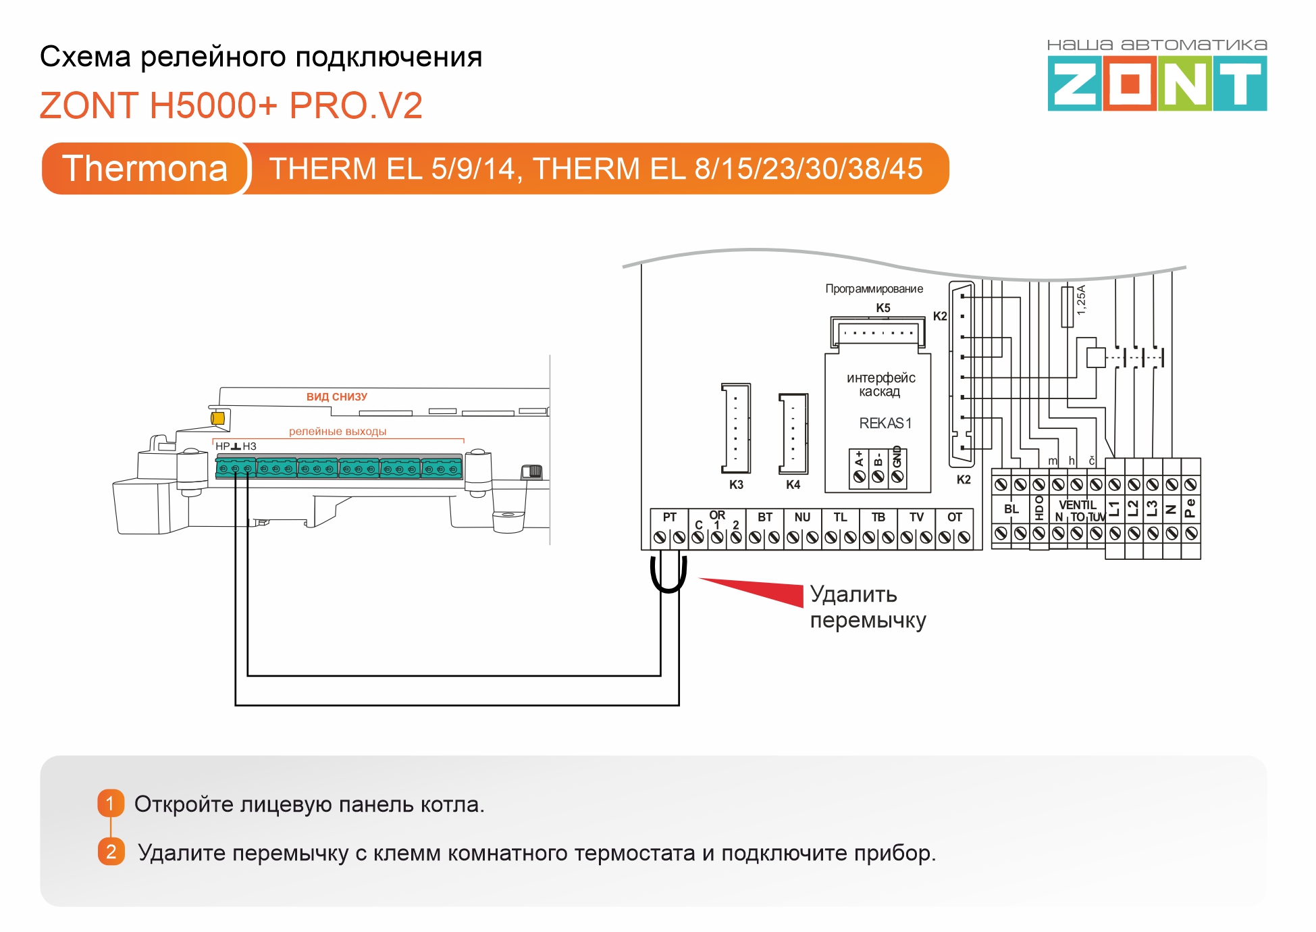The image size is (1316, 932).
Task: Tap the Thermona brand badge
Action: [145, 168]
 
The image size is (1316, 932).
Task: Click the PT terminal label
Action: [669, 517]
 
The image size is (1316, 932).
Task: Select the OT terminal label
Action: [954, 517]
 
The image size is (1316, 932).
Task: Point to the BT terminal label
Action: [764, 517]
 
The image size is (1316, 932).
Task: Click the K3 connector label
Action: [736, 484]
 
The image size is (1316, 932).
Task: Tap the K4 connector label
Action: [793, 484]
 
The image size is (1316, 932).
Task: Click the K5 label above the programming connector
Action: [883, 308]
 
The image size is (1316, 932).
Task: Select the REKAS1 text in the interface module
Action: [885, 423]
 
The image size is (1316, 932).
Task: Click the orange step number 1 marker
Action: [111, 803]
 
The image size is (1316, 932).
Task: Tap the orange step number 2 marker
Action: [111, 852]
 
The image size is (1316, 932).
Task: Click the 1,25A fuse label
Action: [1081, 300]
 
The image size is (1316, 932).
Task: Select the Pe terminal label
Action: [1190, 508]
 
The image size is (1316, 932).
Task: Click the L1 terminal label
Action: [1114, 509]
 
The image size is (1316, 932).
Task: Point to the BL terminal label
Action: [1011, 509]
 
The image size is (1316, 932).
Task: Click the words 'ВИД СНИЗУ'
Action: [337, 397]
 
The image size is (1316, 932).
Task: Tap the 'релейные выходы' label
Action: [338, 432]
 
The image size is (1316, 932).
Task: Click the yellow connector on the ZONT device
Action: [217, 418]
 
